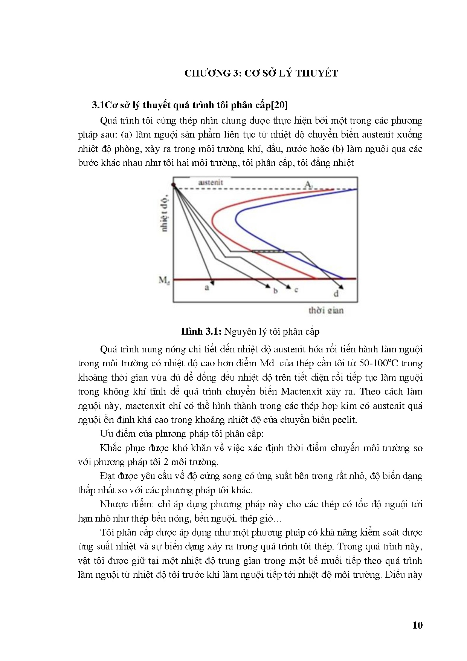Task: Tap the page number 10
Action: click(x=418, y=625)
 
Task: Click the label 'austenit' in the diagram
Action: click(x=211, y=182)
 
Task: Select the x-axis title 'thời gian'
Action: click(x=326, y=311)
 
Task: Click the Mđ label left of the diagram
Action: click(x=164, y=280)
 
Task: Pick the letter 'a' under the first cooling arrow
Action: click(x=207, y=288)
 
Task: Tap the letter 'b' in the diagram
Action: click(x=275, y=291)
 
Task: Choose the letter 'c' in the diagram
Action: click(x=296, y=290)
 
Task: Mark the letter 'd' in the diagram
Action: click(x=336, y=294)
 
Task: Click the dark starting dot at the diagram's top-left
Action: click(x=174, y=185)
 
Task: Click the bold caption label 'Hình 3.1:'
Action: click(x=201, y=332)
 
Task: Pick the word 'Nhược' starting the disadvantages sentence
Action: click(x=115, y=504)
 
